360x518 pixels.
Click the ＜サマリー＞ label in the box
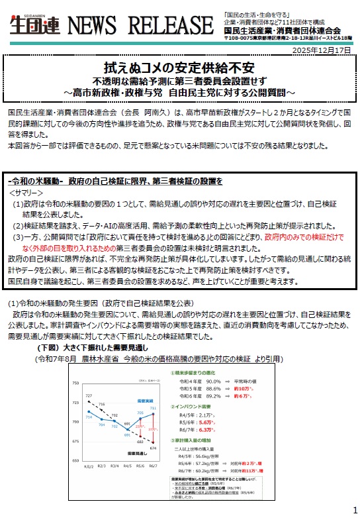[27, 191]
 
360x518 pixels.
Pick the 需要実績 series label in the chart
[144, 401]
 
